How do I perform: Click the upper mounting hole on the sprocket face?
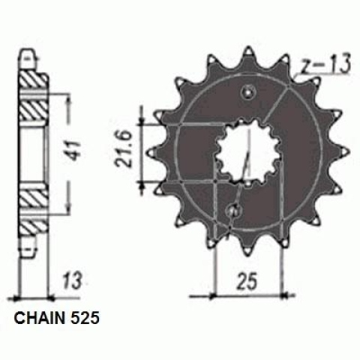coord(248,93)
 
